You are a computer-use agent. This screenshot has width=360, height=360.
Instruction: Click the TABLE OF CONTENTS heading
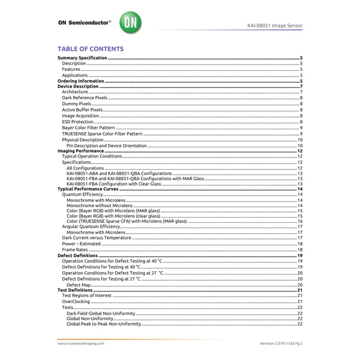(91, 49)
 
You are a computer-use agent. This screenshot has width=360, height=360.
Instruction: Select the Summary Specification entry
(83, 58)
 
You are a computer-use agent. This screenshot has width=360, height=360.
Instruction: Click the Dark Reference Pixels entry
(84, 98)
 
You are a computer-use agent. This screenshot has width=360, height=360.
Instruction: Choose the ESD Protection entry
(78, 121)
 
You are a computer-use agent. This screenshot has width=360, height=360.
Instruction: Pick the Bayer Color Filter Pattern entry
(88, 128)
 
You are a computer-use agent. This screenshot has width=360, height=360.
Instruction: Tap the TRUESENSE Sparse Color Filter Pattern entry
(102, 134)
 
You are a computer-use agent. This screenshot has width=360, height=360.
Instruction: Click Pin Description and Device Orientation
(106, 146)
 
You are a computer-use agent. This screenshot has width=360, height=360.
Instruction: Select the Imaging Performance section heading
(81, 151)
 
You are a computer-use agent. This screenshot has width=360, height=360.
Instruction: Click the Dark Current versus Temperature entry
(96, 238)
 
